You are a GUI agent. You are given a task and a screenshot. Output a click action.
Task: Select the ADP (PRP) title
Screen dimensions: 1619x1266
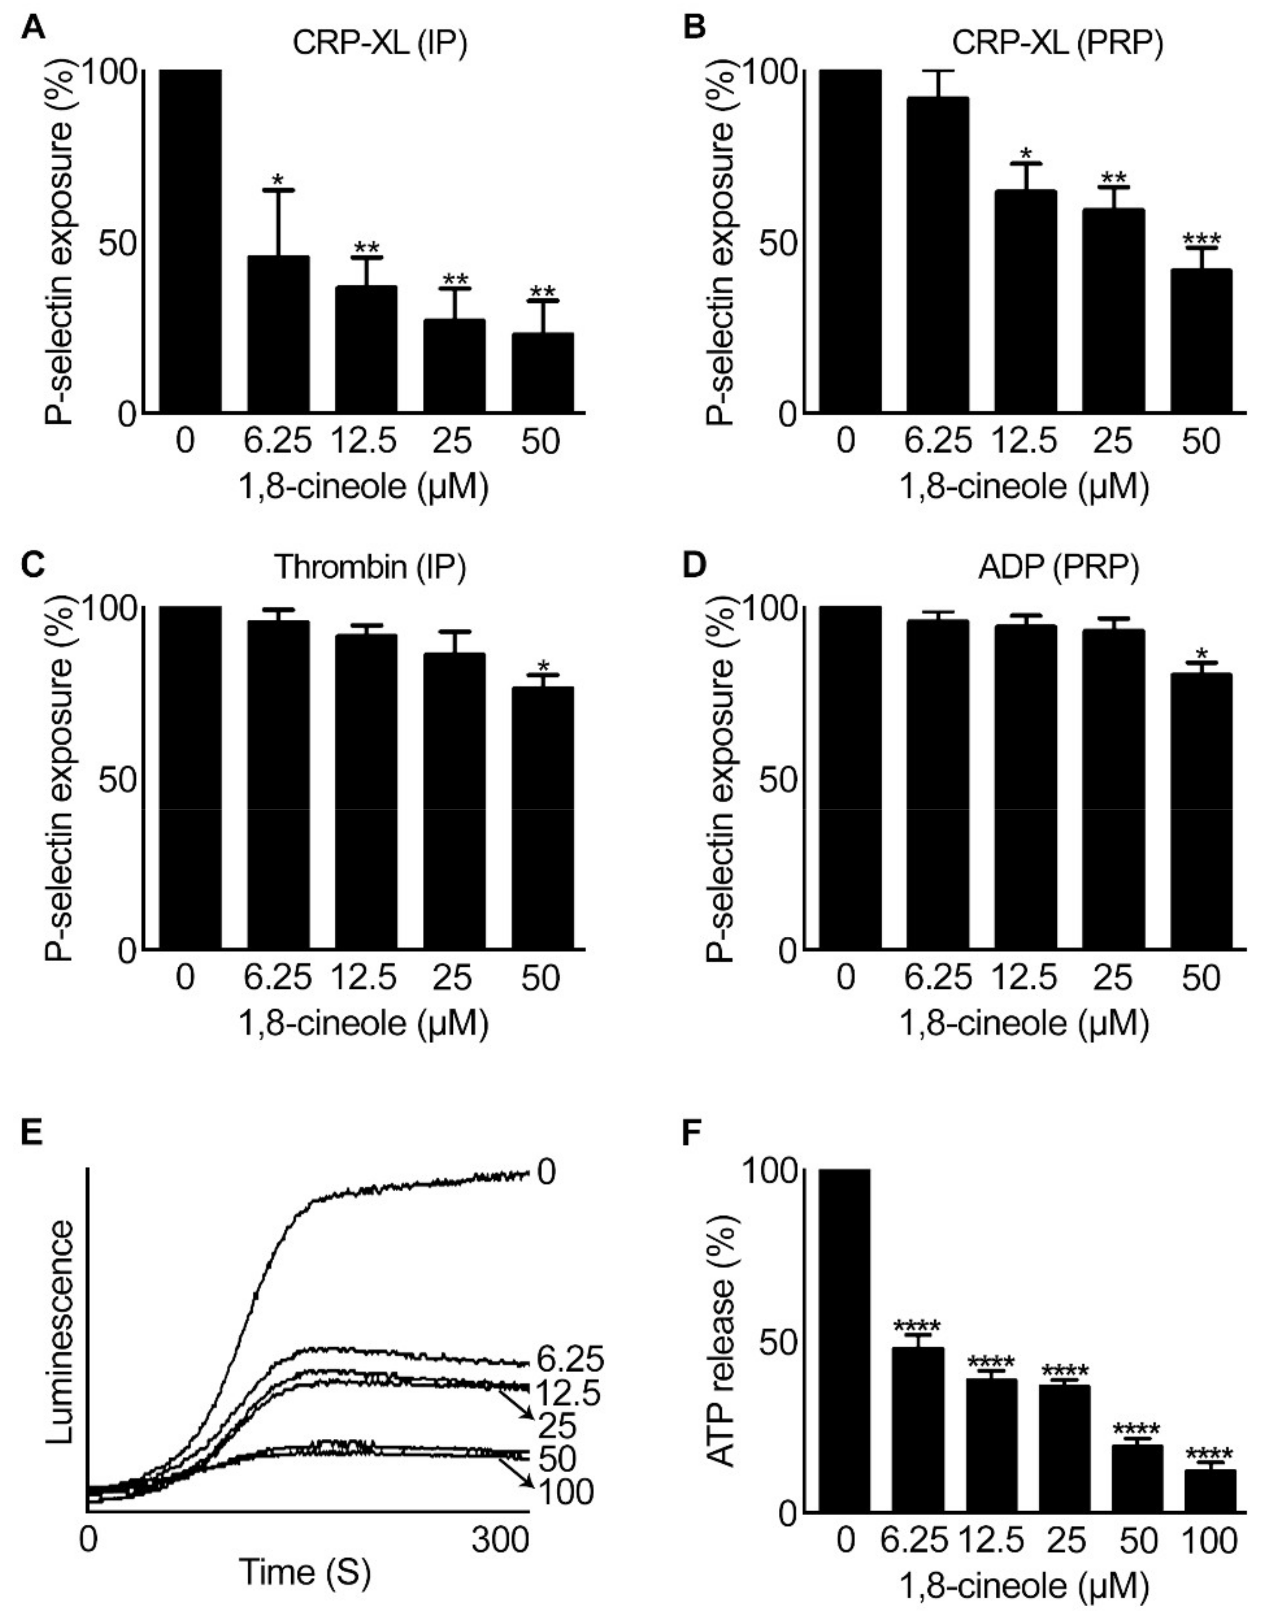[x=1058, y=567]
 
